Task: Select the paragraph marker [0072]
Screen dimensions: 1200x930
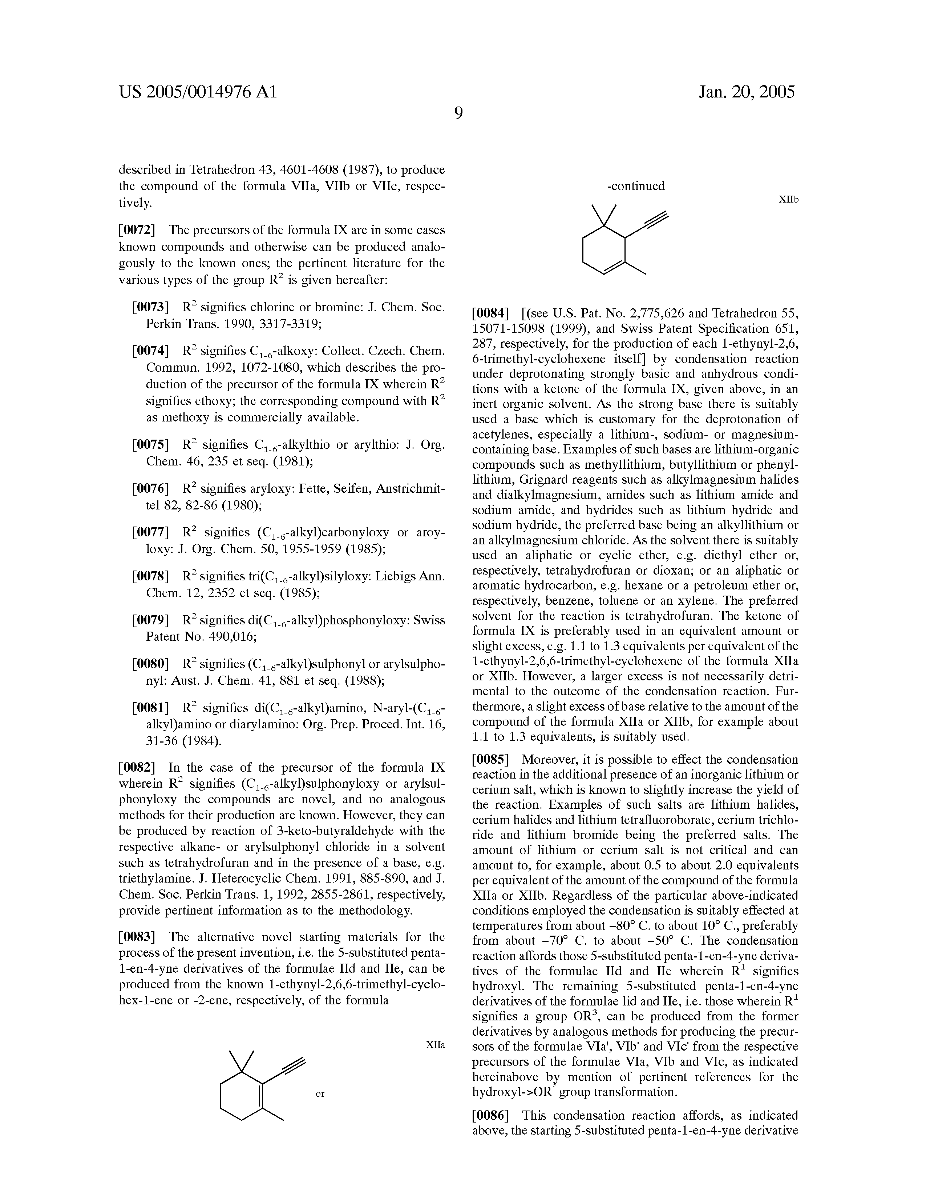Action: pos(137,230)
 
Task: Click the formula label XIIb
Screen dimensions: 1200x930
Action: pos(788,199)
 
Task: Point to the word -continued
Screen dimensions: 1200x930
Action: pos(636,186)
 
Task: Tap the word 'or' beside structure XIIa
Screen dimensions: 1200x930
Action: pos(320,1093)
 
